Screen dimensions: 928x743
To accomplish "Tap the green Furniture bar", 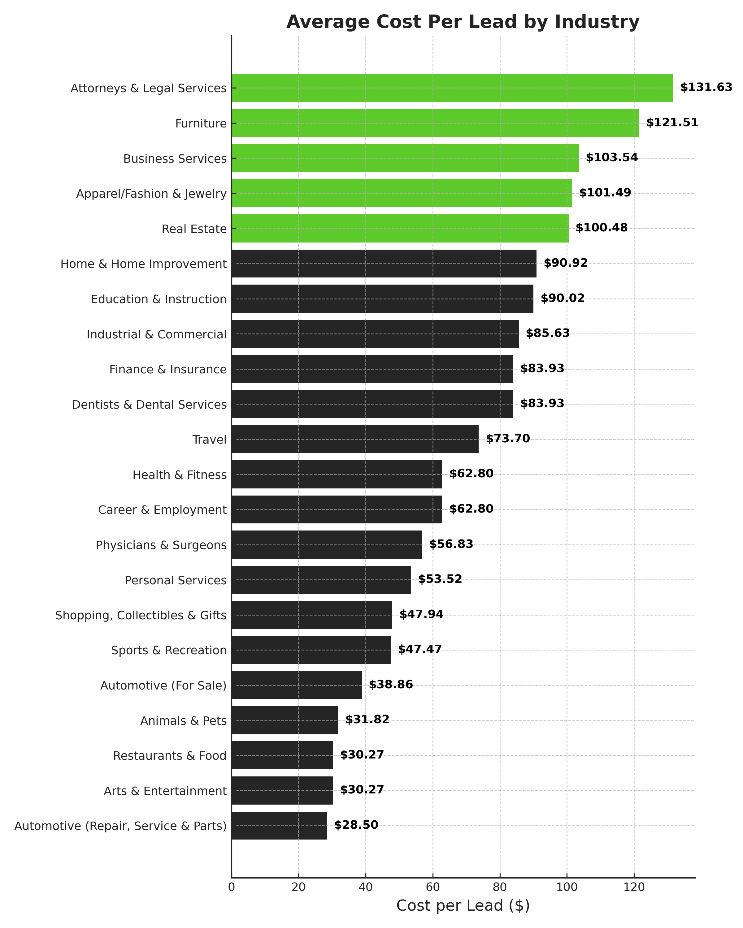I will coord(435,123).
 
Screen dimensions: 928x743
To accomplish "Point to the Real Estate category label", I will coord(194,229).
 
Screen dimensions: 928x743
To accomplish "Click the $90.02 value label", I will coord(562,298).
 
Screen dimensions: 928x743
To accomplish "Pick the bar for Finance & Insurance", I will coord(372,369).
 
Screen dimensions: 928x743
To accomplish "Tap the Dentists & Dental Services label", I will coord(149,405).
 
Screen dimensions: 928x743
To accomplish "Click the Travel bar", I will coord(355,439).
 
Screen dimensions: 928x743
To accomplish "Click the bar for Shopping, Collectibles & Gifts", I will coord(312,615).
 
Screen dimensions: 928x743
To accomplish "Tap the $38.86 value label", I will coord(390,684).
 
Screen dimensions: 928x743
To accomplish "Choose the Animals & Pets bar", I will coord(285,720).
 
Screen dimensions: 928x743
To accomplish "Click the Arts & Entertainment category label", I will coord(165,791).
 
